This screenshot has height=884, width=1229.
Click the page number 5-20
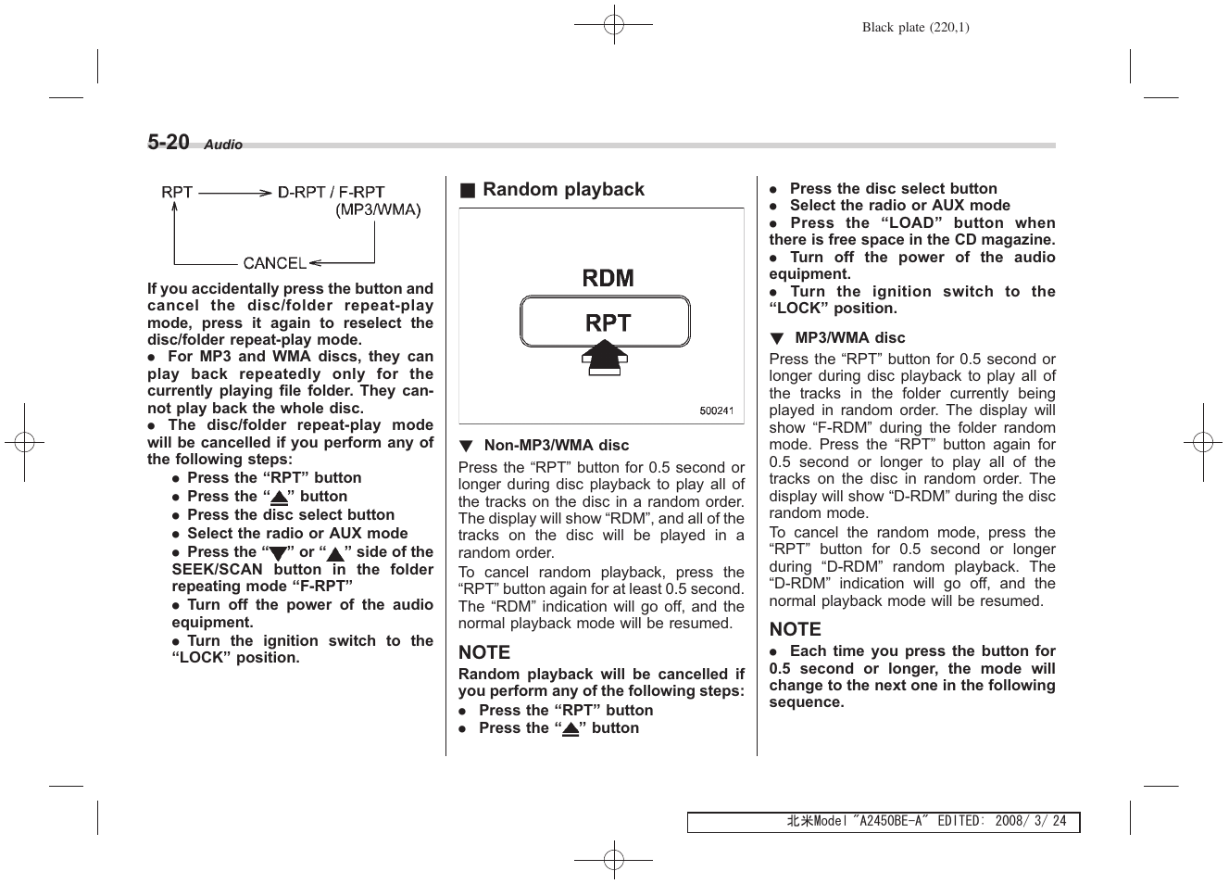coord(169,142)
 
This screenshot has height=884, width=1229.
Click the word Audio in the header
coord(223,145)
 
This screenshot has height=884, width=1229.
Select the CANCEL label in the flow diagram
coord(274,263)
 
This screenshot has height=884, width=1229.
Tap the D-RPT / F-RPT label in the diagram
coord(332,193)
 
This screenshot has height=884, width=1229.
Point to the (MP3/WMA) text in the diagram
coord(378,210)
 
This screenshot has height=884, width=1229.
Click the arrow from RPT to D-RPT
coord(234,193)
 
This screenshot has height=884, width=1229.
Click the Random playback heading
coord(563,190)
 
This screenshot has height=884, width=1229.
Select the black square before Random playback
coord(468,191)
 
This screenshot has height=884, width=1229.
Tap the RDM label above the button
coord(608,278)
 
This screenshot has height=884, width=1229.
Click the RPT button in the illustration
coord(605,322)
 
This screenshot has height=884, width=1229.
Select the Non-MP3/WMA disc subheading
coord(556,446)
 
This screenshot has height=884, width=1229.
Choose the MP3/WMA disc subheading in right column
coord(849,338)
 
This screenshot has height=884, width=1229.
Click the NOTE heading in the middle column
coord(484,652)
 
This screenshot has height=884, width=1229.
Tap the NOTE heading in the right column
coord(795,629)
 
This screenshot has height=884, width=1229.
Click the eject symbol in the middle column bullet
coord(571,729)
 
